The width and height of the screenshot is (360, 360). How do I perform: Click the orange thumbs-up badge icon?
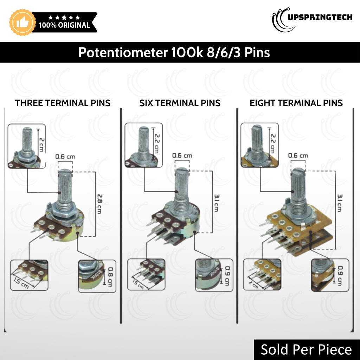point(22,22)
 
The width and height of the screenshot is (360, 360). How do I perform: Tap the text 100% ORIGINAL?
point(64,25)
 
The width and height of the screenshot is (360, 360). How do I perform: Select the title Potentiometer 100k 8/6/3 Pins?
point(174,52)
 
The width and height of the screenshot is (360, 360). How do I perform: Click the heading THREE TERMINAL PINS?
point(63,103)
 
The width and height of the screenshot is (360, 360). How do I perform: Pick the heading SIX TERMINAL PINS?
point(180,103)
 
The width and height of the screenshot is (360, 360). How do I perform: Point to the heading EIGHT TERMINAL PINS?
point(296,103)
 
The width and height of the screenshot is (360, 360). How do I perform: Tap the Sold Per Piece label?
point(306,349)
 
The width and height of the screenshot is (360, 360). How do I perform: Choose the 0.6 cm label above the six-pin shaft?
point(182,155)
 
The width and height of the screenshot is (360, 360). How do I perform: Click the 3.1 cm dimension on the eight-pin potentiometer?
point(339,203)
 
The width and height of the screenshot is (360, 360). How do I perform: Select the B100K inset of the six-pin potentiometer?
point(214,275)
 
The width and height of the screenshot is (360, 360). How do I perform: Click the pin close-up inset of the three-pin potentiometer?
point(29,275)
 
